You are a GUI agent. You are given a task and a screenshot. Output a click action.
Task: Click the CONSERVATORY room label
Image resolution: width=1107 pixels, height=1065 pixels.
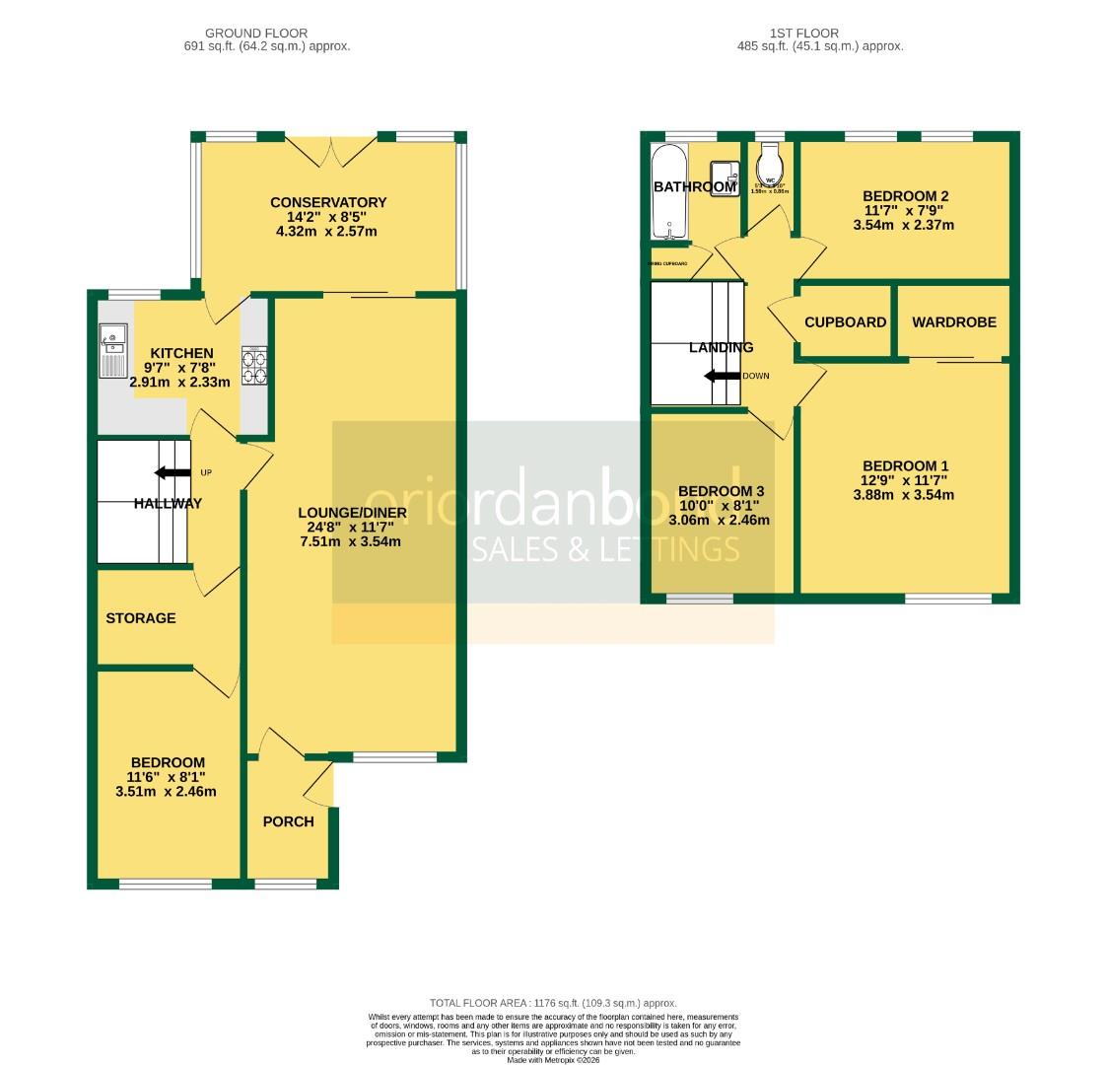coord(328,202)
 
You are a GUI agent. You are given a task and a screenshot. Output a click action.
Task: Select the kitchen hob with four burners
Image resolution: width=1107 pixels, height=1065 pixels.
coord(255,367)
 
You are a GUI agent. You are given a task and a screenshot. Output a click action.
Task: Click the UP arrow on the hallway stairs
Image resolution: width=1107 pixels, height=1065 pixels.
coord(173,473)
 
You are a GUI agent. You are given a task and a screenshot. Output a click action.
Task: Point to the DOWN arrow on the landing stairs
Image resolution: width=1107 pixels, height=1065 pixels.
coord(722,376)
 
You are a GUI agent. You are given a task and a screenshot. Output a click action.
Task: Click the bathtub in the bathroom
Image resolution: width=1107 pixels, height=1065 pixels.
coord(669,193)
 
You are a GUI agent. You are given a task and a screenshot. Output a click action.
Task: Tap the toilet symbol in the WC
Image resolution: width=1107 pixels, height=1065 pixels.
coord(770,158)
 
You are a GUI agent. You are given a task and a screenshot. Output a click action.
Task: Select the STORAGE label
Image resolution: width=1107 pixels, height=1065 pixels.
coord(141,618)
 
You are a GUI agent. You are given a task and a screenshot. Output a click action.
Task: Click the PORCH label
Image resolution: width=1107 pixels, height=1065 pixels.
coord(289,821)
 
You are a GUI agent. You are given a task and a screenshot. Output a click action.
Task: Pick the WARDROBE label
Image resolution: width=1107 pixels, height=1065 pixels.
coord(953,321)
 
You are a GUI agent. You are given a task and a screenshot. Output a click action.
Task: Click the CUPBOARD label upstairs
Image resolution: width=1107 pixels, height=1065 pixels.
coord(845,321)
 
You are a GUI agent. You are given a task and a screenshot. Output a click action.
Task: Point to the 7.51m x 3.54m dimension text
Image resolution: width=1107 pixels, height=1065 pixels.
coord(353,541)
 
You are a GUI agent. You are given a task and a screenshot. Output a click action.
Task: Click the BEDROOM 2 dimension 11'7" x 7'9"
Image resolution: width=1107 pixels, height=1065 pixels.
coord(904,210)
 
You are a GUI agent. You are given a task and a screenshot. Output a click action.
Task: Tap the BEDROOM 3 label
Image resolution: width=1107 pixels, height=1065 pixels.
coord(720,491)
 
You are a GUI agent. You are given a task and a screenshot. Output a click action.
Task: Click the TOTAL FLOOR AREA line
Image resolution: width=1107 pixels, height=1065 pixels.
coord(553,1003)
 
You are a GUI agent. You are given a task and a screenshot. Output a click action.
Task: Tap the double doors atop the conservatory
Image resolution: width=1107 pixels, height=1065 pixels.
coord(329,150)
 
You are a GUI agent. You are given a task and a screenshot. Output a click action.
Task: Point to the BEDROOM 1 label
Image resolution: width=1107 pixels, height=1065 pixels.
coord(904,465)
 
